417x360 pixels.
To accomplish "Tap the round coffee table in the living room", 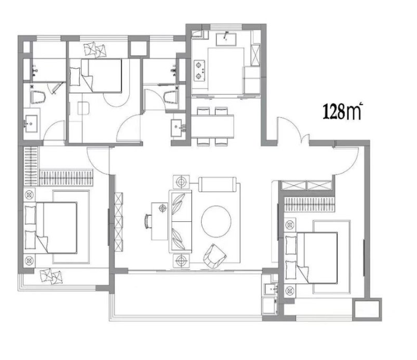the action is pyautogui.click(x=216, y=221).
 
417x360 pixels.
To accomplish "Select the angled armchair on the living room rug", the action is pyautogui.click(x=215, y=256).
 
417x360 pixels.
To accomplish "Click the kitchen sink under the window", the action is pyautogui.click(x=226, y=39).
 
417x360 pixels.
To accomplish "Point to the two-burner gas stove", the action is pyautogui.click(x=199, y=71).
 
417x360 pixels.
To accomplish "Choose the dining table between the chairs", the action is pyautogui.click(x=213, y=127).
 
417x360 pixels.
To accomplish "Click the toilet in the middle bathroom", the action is pyautogui.click(x=171, y=97).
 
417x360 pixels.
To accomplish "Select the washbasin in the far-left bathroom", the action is pyautogui.click(x=31, y=123).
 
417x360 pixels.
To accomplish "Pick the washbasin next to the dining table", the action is pyautogui.click(x=177, y=128).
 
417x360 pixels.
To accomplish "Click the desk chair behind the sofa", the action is pyautogui.click(x=148, y=221).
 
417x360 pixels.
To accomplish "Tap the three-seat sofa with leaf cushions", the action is pyautogui.click(x=180, y=221).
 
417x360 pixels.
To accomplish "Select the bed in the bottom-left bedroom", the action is pyautogui.click(x=50, y=228).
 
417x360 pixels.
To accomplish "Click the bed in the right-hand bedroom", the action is pyautogui.click(x=311, y=258).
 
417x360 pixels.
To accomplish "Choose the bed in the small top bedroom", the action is pyautogui.click(x=96, y=76).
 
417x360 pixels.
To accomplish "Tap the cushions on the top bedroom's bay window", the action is pyautogui.click(x=95, y=49).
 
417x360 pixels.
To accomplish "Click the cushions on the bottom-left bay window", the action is pyautogui.click(x=51, y=276).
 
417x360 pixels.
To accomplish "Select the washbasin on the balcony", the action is pyautogui.click(x=271, y=289).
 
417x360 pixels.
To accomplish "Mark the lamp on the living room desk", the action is pyautogui.click(x=163, y=208).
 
